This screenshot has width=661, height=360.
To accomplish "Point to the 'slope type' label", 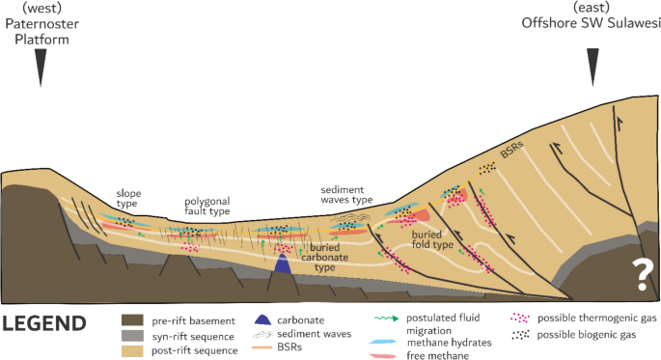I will pos(129,198).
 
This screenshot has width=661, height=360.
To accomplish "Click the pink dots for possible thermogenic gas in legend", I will pos(522,318).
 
